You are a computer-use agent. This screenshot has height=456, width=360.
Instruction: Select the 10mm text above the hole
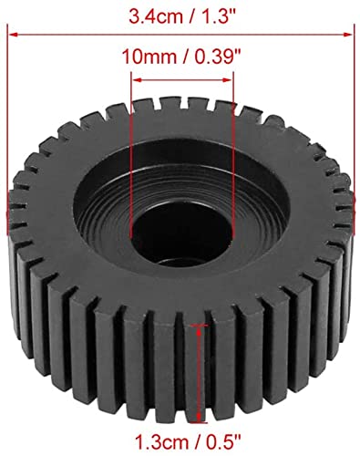pos(146,57)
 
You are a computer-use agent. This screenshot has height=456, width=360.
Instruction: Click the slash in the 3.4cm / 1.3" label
pos(180,16)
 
